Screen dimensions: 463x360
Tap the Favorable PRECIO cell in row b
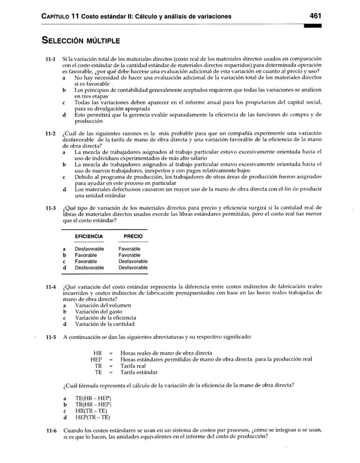(129, 255)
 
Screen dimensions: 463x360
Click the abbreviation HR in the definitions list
(96, 353)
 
